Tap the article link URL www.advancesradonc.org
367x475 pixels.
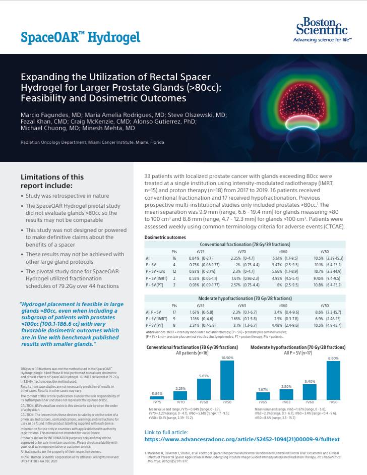[242, 440]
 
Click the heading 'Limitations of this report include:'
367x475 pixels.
[52, 181]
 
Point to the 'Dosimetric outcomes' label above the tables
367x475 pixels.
[165, 237]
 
